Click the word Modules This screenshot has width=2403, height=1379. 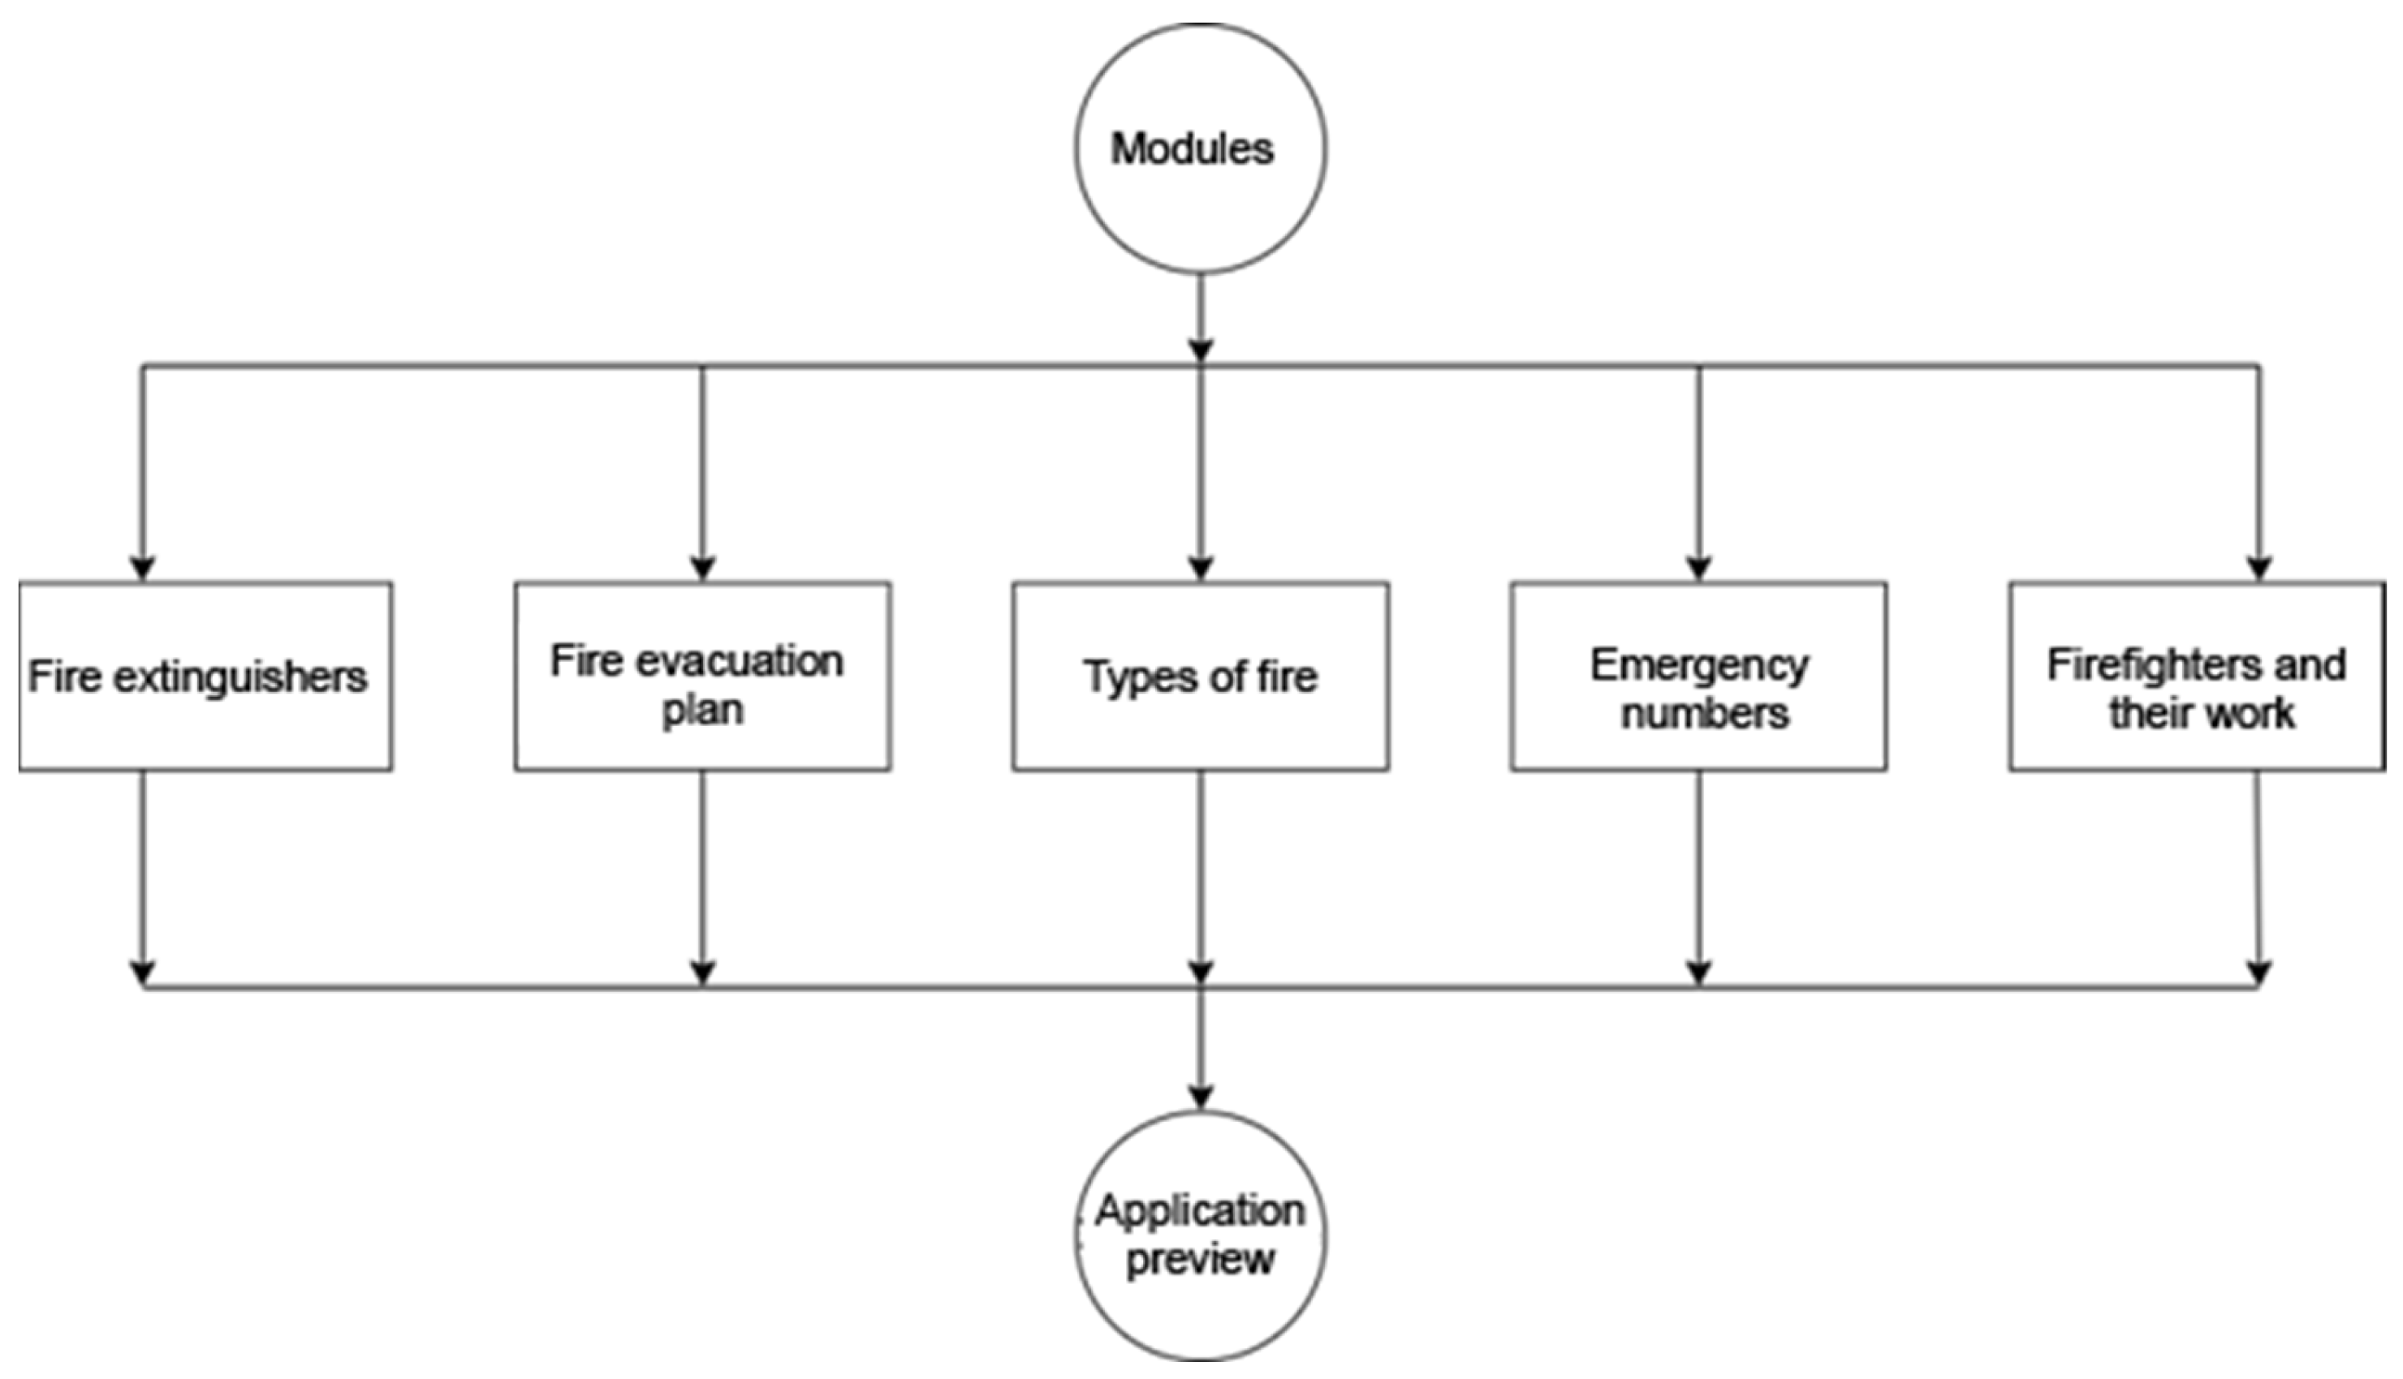click(1192, 148)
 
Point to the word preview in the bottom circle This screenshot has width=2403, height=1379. click(1201, 1260)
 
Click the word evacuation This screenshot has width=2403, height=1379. click(739, 661)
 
